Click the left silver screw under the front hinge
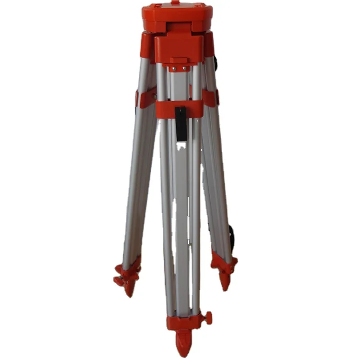(174, 68)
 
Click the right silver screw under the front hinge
(184, 68)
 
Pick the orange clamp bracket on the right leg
(210, 97)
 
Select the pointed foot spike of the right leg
(225, 281)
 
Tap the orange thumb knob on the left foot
(118, 280)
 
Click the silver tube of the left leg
(139, 182)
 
